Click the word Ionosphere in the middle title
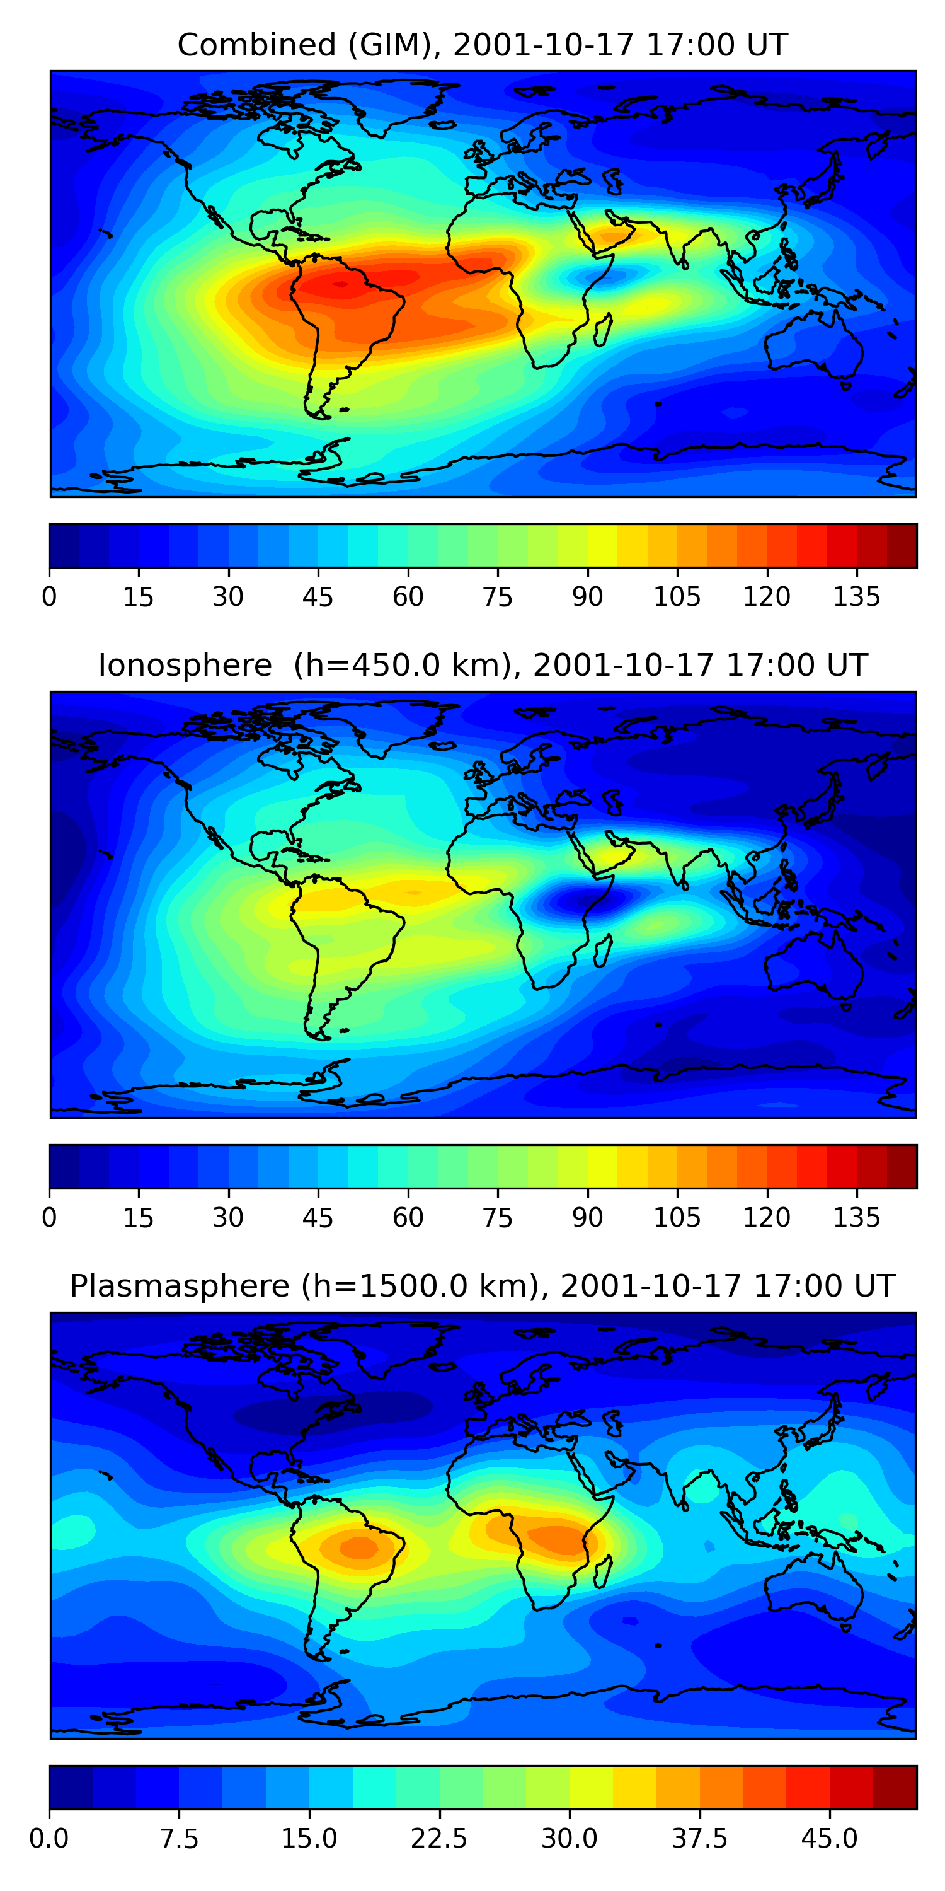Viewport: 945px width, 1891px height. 185,665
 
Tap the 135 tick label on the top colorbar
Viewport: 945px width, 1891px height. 856,597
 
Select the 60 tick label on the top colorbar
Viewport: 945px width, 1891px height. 408,597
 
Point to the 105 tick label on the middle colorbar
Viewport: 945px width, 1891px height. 677,1218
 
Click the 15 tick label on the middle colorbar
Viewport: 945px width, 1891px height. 138,1218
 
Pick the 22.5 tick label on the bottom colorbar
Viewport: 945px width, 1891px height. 438,1839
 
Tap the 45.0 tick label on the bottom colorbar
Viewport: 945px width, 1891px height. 829,1839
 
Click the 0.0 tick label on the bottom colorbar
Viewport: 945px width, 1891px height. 49,1839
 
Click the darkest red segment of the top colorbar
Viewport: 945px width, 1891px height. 902,545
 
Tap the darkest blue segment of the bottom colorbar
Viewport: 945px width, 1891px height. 71,1788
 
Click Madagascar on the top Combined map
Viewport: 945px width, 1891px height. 603,330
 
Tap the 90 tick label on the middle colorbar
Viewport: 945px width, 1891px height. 587,1218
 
